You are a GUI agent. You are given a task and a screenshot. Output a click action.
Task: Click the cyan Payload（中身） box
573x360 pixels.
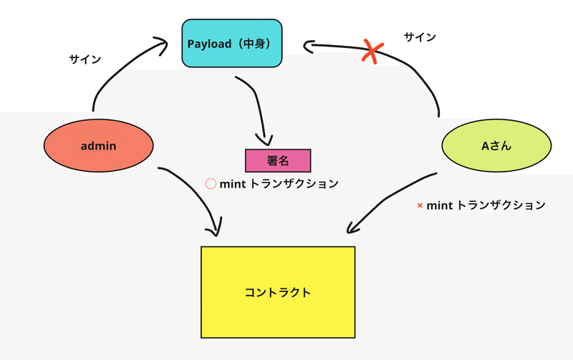[x=231, y=44]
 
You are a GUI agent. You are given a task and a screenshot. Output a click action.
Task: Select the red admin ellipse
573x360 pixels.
[x=99, y=146]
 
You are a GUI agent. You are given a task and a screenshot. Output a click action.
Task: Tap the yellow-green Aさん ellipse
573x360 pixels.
[x=496, y=147]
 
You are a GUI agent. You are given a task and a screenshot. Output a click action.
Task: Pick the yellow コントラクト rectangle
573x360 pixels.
[x=278, y=292]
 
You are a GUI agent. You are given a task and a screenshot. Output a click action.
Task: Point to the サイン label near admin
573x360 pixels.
[x=85, y=59]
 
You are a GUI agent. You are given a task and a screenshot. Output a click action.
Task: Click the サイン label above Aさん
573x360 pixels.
[x=420, y=37]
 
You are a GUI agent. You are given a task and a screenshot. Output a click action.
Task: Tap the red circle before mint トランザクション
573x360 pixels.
[x=211, y=184]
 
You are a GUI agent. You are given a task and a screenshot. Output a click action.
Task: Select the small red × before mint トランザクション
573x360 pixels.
[x=420, y=206]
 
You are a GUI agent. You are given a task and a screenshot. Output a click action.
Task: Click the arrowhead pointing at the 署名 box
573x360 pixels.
[x=266, y=140]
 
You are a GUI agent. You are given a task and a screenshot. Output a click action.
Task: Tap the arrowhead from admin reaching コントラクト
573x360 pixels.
[x=213, y=230]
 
